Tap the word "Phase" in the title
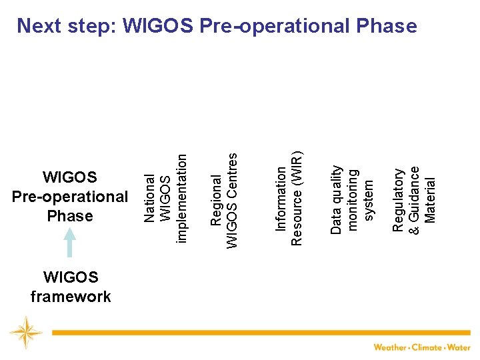point(385,26)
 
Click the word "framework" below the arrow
point(71,297)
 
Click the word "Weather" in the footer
point(391,347)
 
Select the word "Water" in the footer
point(459,347)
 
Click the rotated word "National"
point(150,198)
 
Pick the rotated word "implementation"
point(181,198)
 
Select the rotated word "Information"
point(281,199)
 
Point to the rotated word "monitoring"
point(353,199)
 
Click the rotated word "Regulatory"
point(398,200)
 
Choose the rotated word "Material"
point(430,200)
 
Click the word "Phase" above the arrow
point(70,216)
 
